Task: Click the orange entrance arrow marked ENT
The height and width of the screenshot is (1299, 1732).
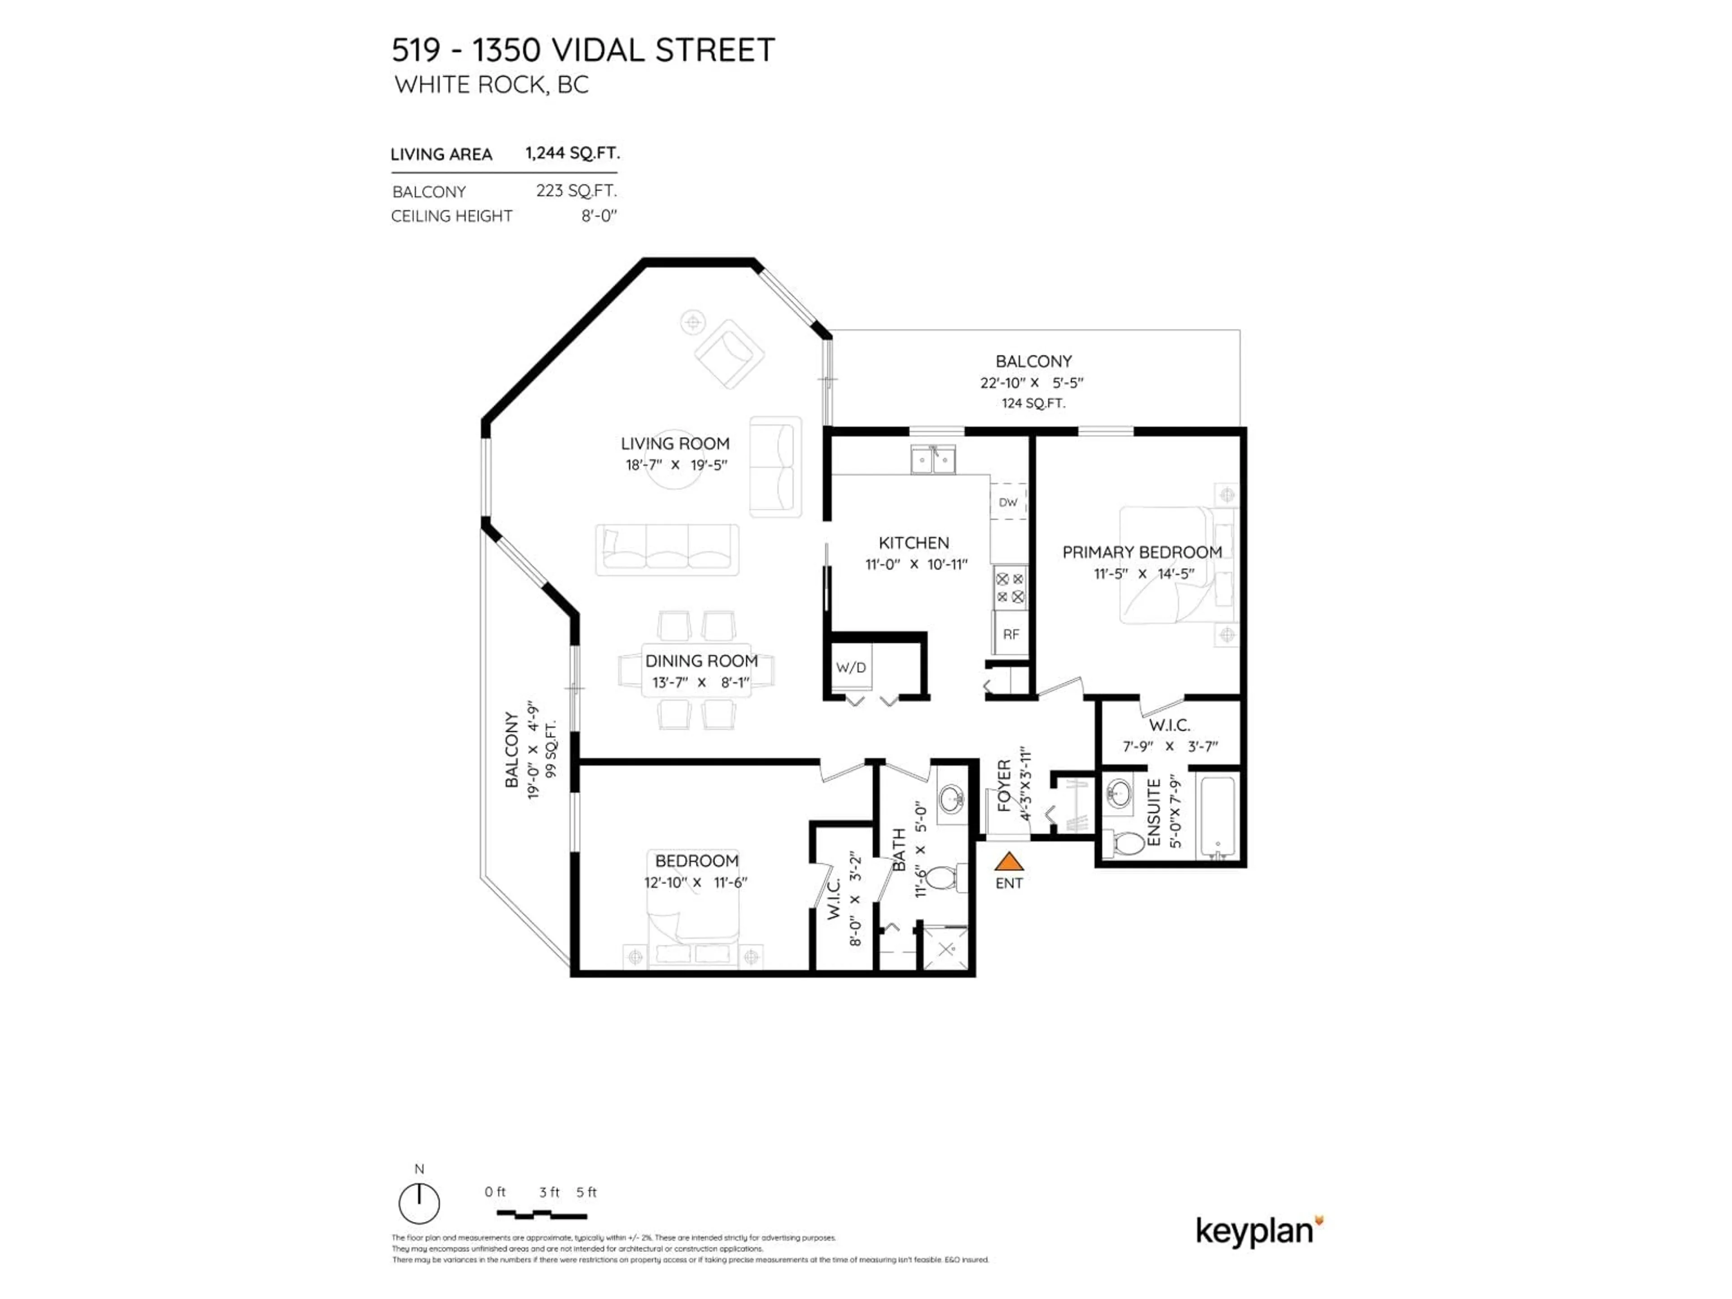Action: pos(1009,861)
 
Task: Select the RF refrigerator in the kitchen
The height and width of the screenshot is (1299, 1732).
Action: pos(1010,634)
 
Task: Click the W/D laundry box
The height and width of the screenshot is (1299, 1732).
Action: pos(851,667)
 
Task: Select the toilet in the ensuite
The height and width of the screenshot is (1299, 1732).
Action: pos(1127,843)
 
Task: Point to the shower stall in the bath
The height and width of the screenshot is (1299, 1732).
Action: pos(946,949)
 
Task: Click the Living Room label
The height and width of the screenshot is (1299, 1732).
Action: pos(675,444)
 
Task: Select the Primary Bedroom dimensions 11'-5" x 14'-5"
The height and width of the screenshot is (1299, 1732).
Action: pos(1143,574)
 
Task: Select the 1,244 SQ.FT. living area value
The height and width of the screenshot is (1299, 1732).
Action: pos(572,153)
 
